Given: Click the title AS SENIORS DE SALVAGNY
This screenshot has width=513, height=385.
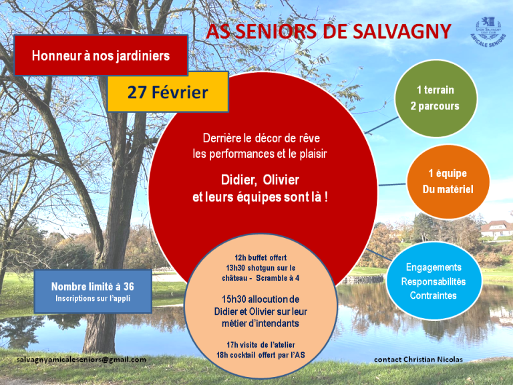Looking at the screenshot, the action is tap(329, 31).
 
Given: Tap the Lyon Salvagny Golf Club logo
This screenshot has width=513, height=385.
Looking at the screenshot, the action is tap(488, 32).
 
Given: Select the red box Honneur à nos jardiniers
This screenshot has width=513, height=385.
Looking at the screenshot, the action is tap(101, 55).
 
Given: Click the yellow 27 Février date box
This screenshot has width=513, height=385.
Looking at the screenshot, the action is tap(168, 92).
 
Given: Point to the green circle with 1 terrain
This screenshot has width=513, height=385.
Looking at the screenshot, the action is tap(436, 98).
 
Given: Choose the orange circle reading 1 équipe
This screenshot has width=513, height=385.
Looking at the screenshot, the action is tap(448, 181).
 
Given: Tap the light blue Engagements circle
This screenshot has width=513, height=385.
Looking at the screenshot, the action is tap(434, 281).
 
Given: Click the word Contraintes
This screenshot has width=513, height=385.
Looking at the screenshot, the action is tap(433, 295).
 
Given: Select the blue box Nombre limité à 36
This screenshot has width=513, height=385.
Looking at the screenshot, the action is tap(93, 291).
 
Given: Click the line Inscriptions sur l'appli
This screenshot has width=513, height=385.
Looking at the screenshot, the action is tap(93, 299).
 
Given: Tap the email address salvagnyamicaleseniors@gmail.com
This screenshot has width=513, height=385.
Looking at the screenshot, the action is tap(81, 360).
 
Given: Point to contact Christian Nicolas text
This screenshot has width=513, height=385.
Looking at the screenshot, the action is tap(418, 360).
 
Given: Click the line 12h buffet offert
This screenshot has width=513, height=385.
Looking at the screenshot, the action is tap(261, 257).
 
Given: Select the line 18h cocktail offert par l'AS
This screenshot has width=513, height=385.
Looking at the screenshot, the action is tap(261, 355).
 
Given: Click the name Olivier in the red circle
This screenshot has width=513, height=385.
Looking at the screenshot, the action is tap(281, 180).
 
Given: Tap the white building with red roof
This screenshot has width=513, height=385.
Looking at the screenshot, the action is tap(496, 229).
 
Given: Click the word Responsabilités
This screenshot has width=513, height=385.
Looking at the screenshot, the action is tap(434, 281).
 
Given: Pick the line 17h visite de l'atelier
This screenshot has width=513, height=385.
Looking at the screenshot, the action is tap(261, 345).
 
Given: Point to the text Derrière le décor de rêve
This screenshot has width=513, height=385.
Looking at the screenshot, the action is tap(261, 138).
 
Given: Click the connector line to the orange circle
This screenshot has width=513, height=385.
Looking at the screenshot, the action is tap(392, 184).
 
